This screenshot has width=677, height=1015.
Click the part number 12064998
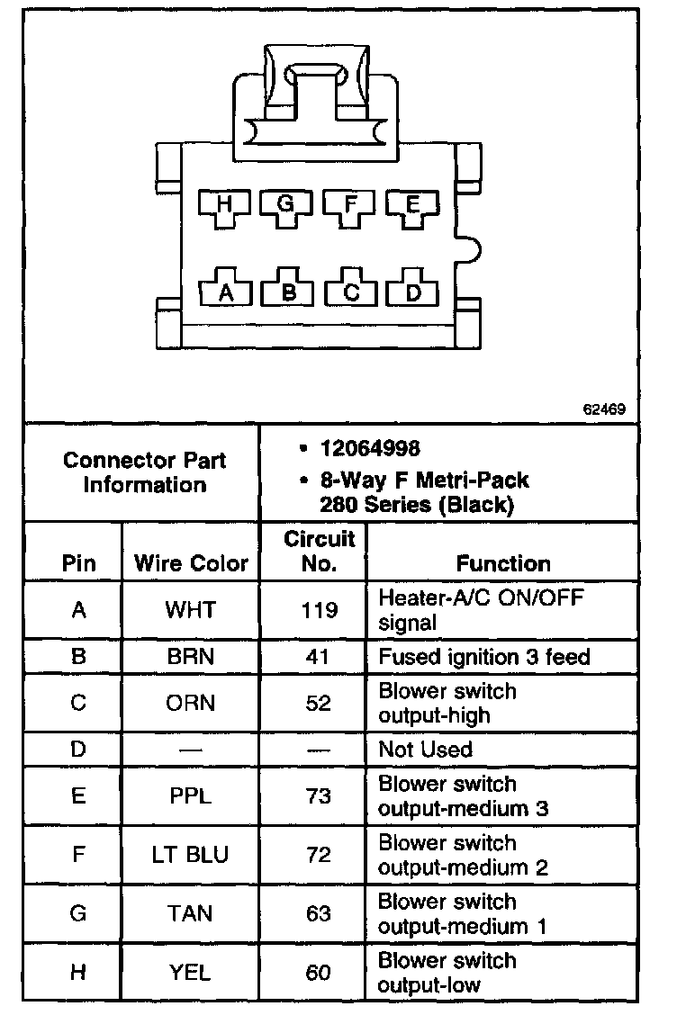[370, 448]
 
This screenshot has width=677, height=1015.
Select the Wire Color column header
[191, 564]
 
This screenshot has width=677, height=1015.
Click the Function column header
[503, 564]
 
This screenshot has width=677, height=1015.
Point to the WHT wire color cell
[191, 610]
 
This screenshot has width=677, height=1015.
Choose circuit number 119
[319, 610]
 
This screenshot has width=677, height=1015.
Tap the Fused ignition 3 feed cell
[484, 657]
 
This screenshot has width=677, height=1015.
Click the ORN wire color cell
[191, 703]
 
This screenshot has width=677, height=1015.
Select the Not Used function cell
[425, 749]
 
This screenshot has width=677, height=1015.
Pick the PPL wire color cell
[191, 795]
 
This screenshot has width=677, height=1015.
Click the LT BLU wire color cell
[191, 854]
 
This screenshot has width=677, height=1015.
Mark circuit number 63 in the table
[319, 913]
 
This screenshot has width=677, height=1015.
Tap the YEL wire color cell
[191, 972]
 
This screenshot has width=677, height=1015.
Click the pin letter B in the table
[78, 657]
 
